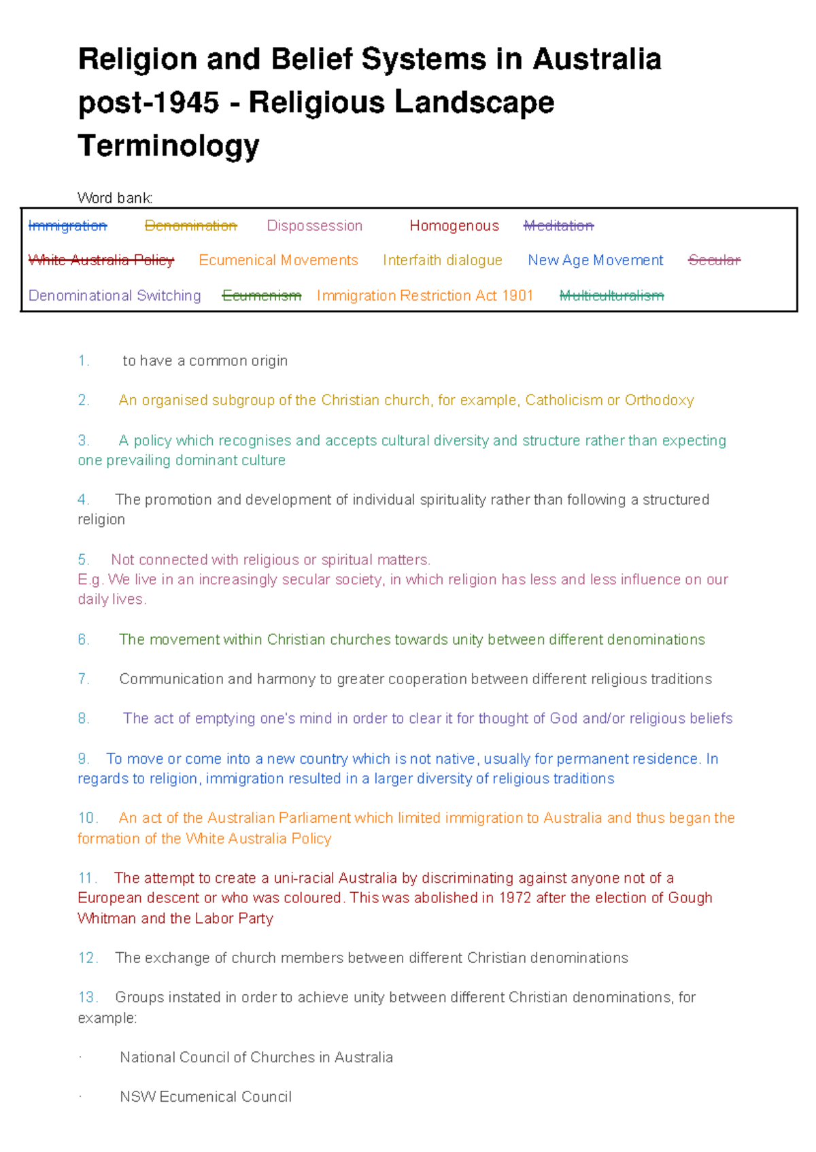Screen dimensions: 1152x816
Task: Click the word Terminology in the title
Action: tap(169, 146)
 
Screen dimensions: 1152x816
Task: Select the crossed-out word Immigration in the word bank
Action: tap(67, 226)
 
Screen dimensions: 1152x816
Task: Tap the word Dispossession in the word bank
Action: tap(314, 226)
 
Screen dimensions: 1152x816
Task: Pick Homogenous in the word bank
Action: tap(454, 226)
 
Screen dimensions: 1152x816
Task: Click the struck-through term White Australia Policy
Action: tap(101, 260)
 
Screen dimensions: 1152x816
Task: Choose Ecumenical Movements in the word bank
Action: tap(278, 260)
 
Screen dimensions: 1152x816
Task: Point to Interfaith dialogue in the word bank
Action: tap(442, 260)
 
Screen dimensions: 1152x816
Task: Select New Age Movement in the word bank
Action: tap(595, 260)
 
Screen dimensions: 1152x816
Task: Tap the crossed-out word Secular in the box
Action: tap(714, 260)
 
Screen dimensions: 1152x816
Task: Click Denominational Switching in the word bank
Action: tap(115, 296)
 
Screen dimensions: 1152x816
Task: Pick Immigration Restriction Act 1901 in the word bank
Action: tap(424, 296)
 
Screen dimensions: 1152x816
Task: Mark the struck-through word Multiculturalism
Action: tap(611, 296)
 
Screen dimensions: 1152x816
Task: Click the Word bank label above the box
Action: tap(115, 198)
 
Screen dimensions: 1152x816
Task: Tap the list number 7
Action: tap(83, 679)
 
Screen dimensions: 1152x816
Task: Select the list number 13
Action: tap(88, 997)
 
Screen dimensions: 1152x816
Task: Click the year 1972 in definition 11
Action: tap(515, 898)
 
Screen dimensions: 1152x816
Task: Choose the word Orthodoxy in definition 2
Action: tap(659, 400)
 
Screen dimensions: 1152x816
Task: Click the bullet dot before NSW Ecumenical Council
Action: tap(80, 1097)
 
